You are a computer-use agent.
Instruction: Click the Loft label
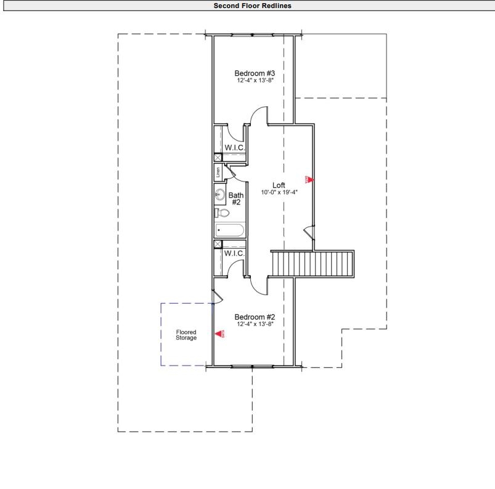click(279, 185)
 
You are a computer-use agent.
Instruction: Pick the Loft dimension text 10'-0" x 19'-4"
click(279, 192)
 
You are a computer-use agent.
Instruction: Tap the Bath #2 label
click(236, 198)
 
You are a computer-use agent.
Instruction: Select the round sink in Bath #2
click(219, 195)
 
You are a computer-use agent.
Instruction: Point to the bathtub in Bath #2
click(229, 230)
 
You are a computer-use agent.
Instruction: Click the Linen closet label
click(218, 172)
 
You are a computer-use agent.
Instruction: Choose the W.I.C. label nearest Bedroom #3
click(235, 148)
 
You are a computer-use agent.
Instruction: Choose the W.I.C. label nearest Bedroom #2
click(235, 254)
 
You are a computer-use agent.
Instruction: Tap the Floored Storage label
click(186, 335)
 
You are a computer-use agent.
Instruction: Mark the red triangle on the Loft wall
click(310, 179)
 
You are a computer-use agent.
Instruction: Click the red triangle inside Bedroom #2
click(219, 334)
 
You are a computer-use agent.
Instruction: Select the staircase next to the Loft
click(313, 264)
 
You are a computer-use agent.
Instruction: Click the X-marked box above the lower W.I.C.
click(218, 244)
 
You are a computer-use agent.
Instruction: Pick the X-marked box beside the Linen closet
click(218, 157)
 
